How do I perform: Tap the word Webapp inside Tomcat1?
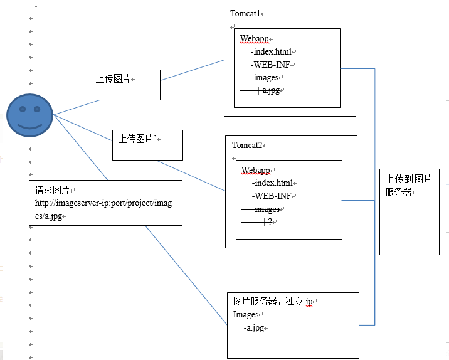[x=254, y=39]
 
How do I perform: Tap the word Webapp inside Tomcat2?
[x=255, y=170]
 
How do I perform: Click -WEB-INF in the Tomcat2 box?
[x=272, y=196]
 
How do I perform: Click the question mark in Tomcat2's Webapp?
[x=269, y=222]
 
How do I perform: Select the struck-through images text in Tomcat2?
[x=266, y=209]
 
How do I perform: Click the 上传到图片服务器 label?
[x=408, y=186]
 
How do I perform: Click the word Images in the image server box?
[x=246, y=314]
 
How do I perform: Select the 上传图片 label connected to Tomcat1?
[x=112, y=78]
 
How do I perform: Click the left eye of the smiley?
[x=22, y=109]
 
